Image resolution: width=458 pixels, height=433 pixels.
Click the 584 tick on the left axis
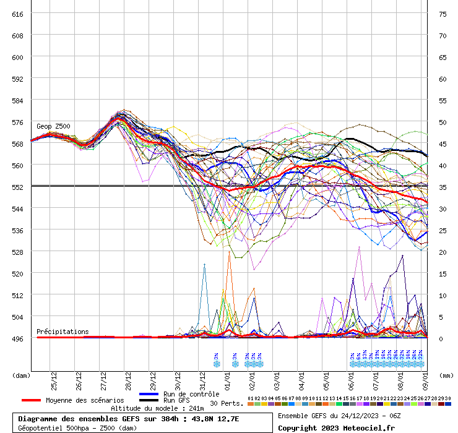pyautogui.click(x=17, y=100)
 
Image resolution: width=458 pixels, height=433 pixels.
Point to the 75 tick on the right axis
pyautogui.click(x=443, y=14)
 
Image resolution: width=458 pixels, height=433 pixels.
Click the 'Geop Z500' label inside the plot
pyautogui.click(x=53, y=126)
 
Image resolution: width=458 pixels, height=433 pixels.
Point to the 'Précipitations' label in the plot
pyautogui.click(x=63, y=332)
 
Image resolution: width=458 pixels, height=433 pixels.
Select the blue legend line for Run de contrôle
pyautogui.click(x=149, y=394)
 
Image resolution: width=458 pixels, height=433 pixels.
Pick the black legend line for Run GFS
pyautogui.click(x=149, y=400)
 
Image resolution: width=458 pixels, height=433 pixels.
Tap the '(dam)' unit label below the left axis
pyautogui.click(x=21, y=375)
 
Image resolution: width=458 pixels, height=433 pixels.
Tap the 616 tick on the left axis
pyautogui.click(x=17, y=14)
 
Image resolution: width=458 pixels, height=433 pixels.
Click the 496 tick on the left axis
pyautogui.click(x=17, y=338)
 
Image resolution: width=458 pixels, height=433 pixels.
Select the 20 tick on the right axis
pyautogui.click(x=443, y=252)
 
